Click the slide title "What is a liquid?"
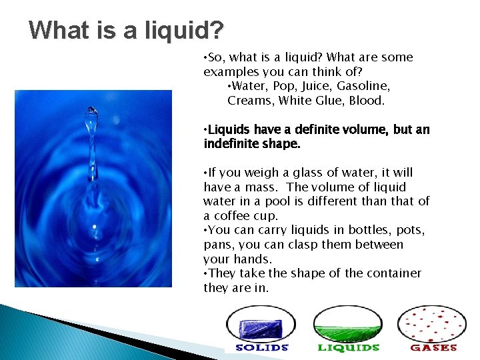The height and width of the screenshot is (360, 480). click(x=127, y=30)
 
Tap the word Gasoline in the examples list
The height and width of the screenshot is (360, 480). click(x=364, y=86)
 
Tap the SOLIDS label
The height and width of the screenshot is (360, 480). click(x=262, y=347)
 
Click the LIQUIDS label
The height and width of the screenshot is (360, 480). click(x=348, y=347)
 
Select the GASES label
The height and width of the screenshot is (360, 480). click(x=433, y=347)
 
